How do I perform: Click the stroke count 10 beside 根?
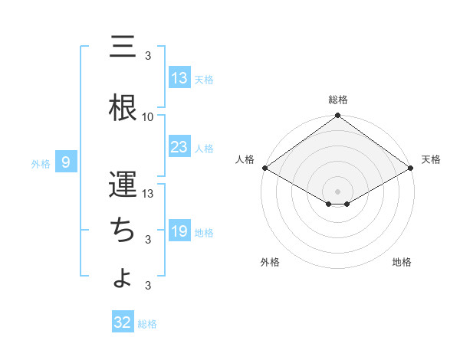tap(148, 117)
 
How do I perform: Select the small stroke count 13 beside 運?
tap(148, 193)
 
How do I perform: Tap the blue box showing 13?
tap(179, 77)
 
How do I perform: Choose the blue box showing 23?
tap(179, 147)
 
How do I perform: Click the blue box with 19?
tap(179, 231)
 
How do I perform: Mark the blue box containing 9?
tap(67, 162)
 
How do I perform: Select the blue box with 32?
tap(123, 322)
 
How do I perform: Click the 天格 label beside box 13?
tap(204, 79)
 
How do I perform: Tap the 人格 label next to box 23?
tap(204, 149)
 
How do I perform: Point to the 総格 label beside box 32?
tap(147, 324)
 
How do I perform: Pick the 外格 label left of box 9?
tap(40, 163)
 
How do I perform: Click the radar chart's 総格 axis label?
tap(338, 100)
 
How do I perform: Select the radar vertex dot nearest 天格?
tap(412, 168)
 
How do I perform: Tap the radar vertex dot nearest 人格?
tap(264, 168)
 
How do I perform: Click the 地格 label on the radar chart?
tap(402, 262)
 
